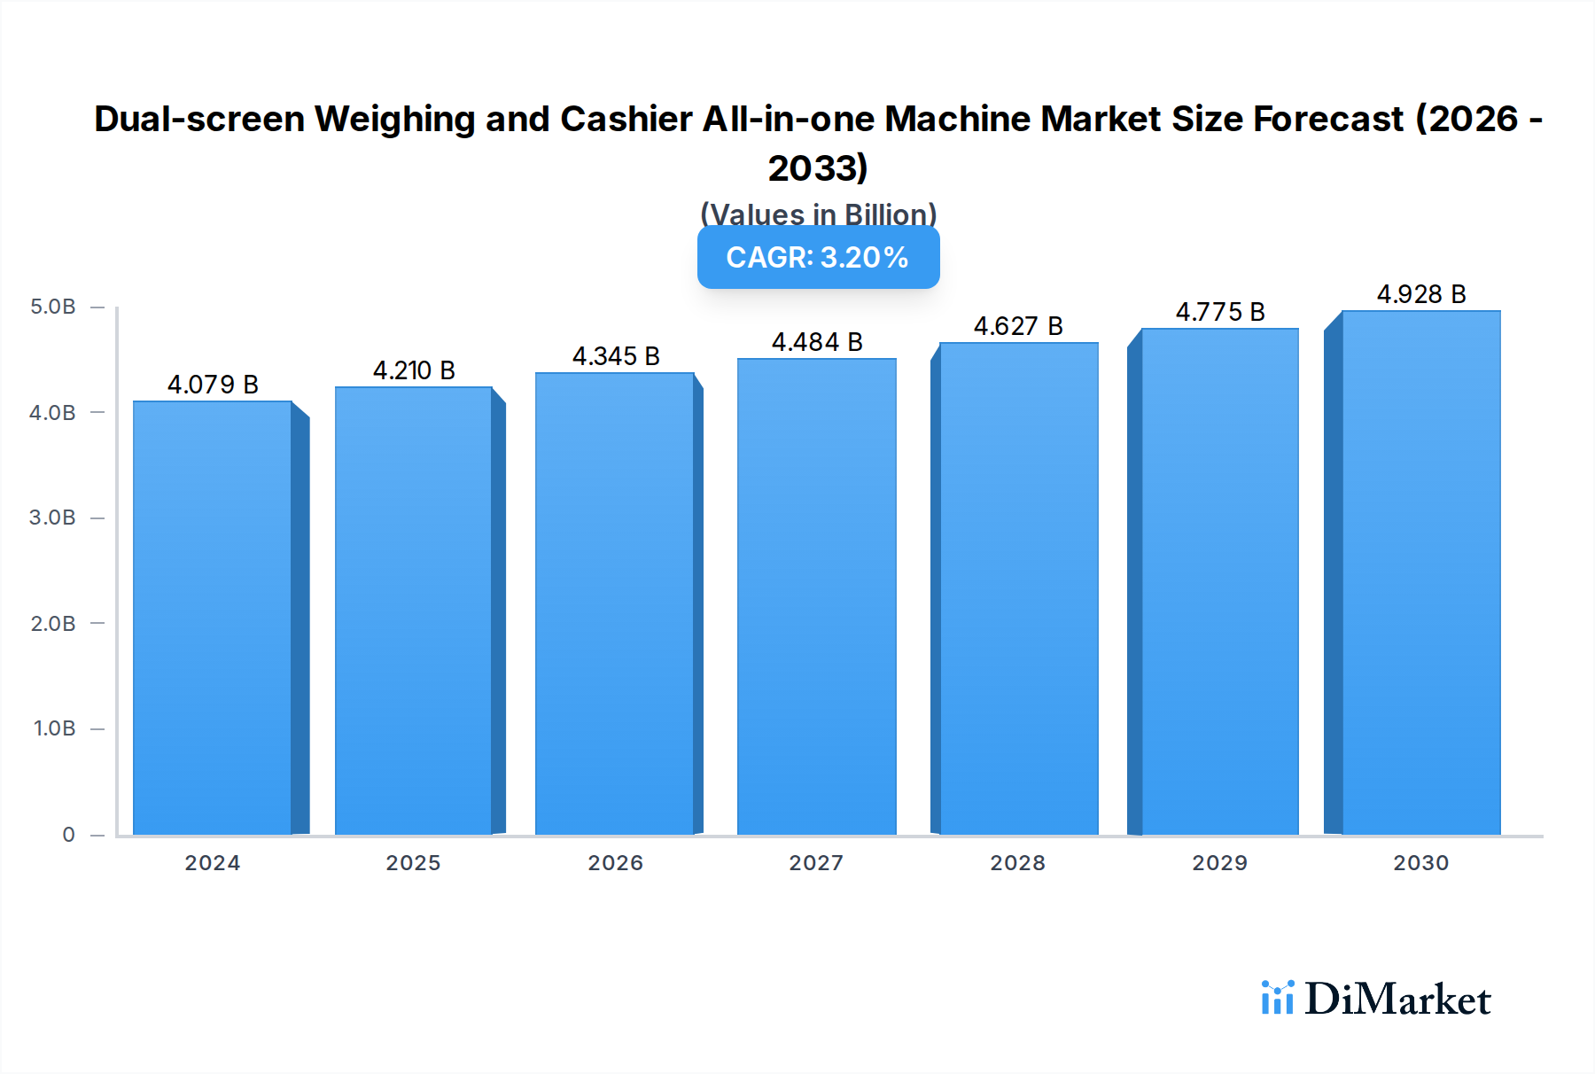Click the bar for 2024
coord(213,618)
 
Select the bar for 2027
coord(816,596)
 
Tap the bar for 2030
coord(1420,572)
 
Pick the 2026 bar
coord(614,603)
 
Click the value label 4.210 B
coord(414,370)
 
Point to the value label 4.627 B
coord(1018,326)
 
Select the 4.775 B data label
coord(1219,312)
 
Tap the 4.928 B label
coord(1420,294)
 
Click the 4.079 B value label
coord(213,385)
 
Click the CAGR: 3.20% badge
coord(818,257)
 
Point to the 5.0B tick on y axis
coord(53,307)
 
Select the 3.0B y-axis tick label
coord(53,518)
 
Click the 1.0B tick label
coord(55,728)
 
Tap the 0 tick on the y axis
coord(68,834)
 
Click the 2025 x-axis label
coord(413,862)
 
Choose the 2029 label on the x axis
coord(1219,862)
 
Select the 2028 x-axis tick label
coord(1017,862)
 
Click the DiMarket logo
coord(1376,999)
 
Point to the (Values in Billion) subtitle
coord(818,214)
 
